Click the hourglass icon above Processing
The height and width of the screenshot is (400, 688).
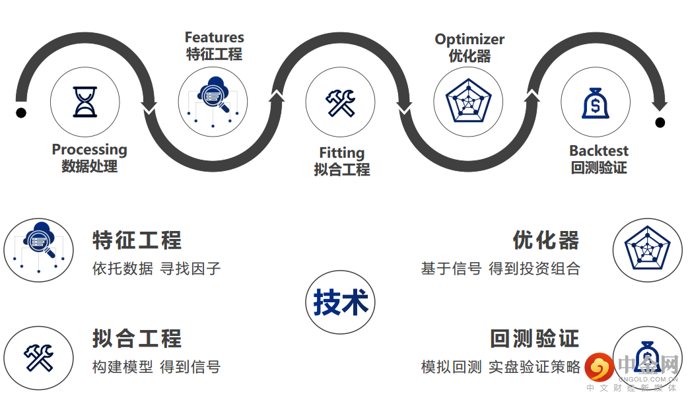pos(85,102)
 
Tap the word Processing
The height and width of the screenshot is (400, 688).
pos(89,150)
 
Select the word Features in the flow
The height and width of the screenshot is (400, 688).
pos(214,37)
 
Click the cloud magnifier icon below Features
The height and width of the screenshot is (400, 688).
pos(213,98)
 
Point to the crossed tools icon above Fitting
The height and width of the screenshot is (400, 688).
pos(340,103)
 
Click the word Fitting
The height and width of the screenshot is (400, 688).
pos(341,152)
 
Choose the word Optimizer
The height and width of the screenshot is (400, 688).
pos(469,39)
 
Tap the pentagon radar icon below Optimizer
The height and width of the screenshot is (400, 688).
pos(468,102)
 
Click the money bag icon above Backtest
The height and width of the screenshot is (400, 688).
pos(595,103)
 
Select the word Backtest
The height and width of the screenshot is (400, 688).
pos(599,150)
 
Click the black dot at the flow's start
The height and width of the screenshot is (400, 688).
pos(21,113)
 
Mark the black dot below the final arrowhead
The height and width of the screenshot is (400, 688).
pos(660,122)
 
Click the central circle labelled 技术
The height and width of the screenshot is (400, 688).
pos(340,302)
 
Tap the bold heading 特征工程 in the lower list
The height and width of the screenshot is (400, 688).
pos(137,240)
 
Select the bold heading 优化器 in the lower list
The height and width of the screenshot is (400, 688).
pos(546,240)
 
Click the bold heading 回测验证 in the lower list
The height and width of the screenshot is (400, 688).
pos(534,339)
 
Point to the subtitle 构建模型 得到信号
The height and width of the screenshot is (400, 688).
pos(156,366)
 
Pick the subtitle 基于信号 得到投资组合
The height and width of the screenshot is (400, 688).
pos(500,269)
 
